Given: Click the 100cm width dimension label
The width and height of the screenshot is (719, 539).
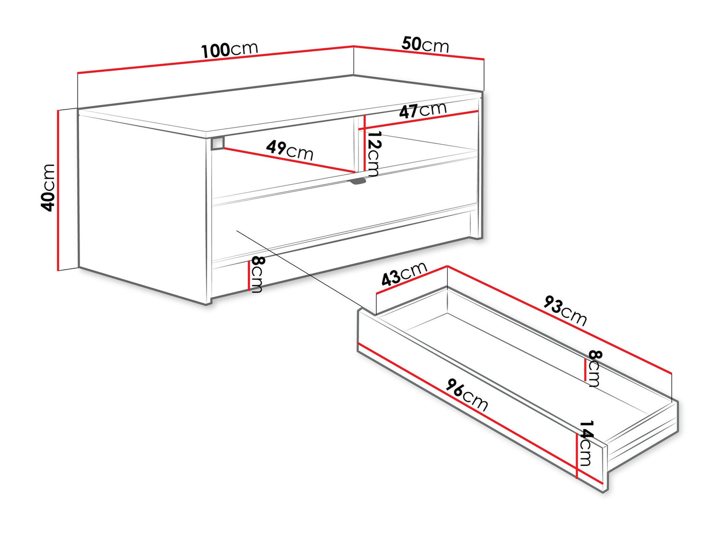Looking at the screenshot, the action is (x=230, y=50).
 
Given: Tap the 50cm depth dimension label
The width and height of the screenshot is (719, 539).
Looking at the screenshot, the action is (x=425, y=45).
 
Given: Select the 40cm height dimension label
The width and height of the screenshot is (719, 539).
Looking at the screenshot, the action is (x=47, y=188).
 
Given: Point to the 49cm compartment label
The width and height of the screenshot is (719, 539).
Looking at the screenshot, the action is (x=290, y=150).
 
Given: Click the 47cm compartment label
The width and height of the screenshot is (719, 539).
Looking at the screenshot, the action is (x=423, y=110).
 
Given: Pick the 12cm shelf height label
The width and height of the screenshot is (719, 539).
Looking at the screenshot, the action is (x=373, y=154).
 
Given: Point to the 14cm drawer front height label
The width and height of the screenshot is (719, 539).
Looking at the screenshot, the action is (x=586, y=444).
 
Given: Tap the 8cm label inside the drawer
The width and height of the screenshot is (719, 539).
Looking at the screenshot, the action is (x=594, y=368).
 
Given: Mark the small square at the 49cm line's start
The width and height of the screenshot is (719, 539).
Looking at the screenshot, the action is (x=218, y=143).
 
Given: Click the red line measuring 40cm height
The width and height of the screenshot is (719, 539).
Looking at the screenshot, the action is (x=58, y=190).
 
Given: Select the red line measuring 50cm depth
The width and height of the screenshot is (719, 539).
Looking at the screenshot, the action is (x=418, y=52).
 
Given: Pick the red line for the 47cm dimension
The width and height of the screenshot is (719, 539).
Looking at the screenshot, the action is (x=418, y=120).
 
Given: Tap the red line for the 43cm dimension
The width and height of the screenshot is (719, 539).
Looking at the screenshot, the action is (x=412, y=280).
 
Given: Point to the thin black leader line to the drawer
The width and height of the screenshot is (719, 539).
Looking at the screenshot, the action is (x=299, y=269).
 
